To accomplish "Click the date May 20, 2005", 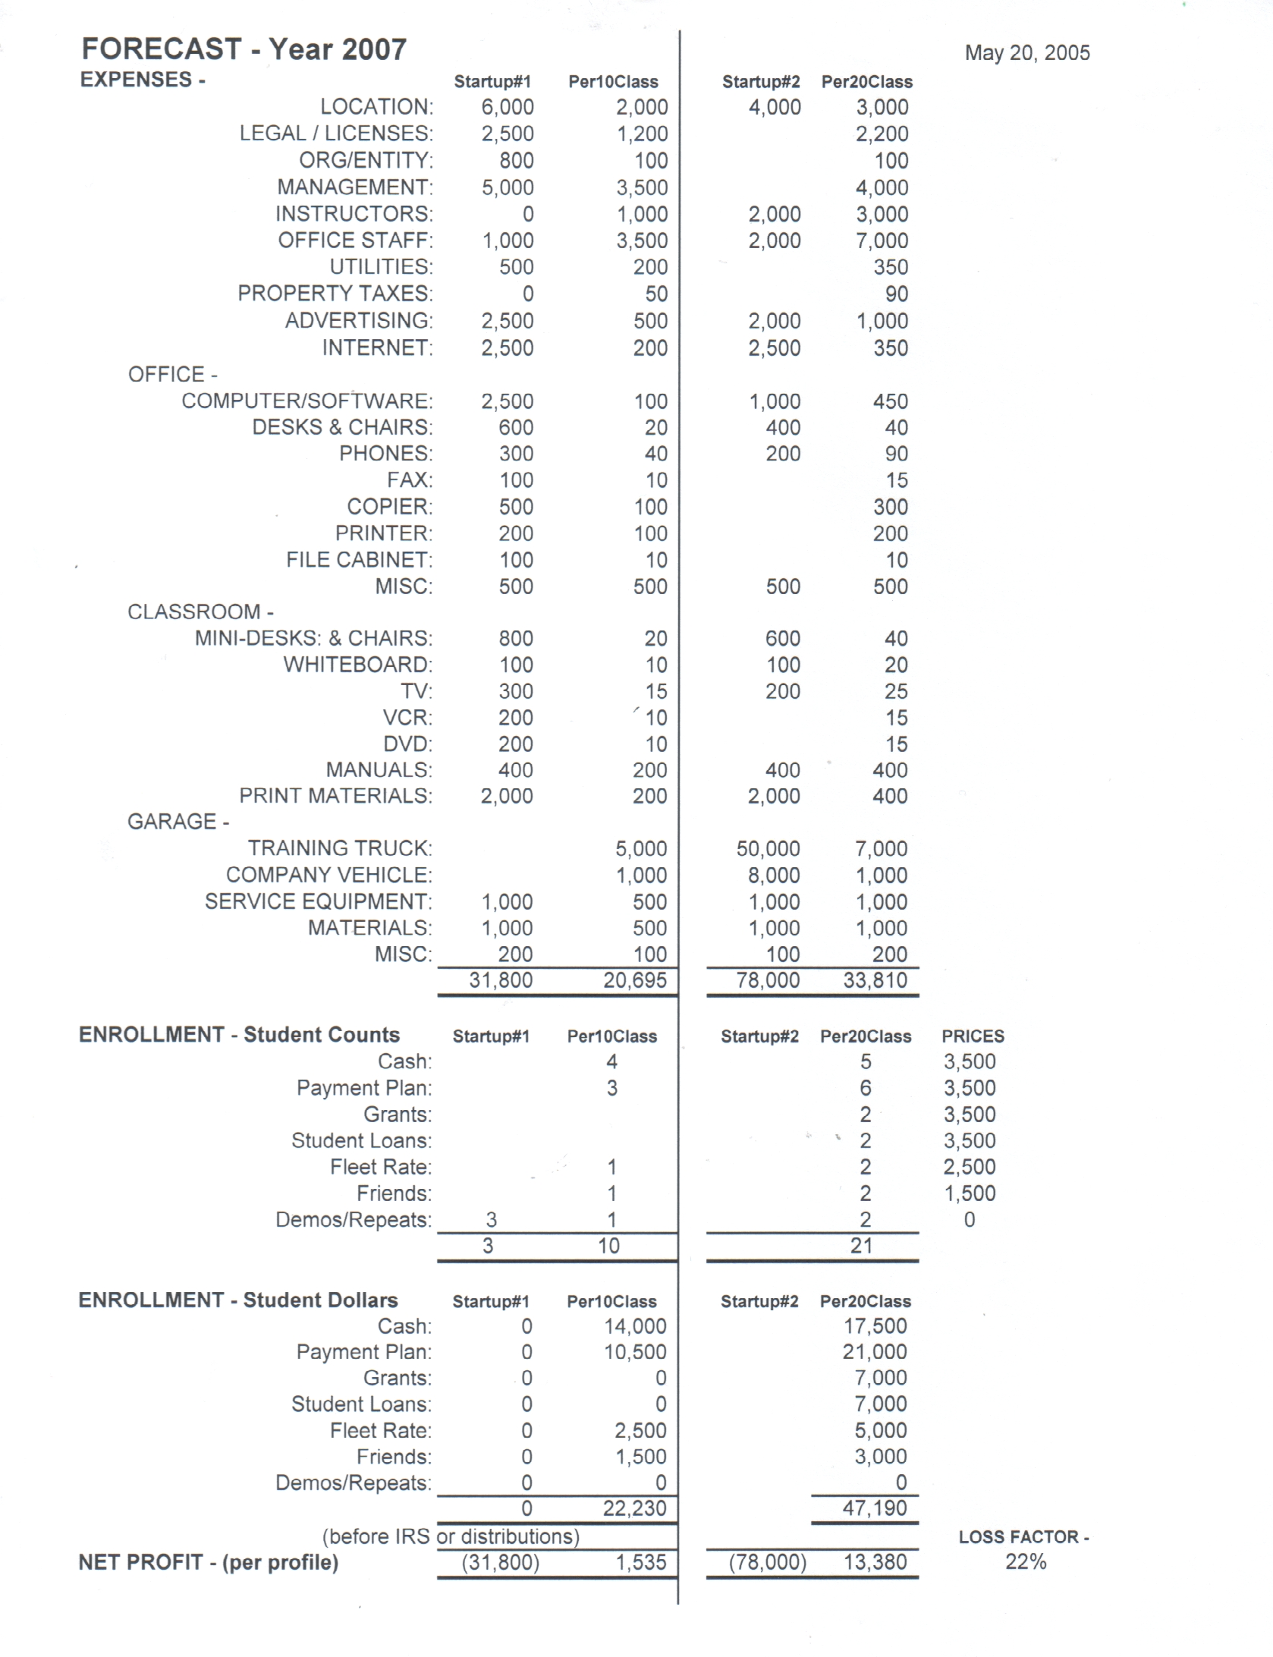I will (x=1026, y=53).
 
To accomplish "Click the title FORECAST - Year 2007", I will (x=244, y=49).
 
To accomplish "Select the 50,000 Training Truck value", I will (x=768, y=849).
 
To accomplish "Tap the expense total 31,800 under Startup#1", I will (x=501, y=980).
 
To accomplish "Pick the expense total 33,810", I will (x=875, y=980).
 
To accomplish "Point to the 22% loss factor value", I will (x=1026, y=1561).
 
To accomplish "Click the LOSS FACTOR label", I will (x=1023, y=1536).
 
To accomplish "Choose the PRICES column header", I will (x=973, y=1036).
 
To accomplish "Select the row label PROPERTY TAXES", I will (x=335, y=294).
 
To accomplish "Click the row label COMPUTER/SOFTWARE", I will (x=307, y=401).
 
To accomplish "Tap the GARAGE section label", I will (x=178, y=822).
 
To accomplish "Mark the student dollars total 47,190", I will (x=875, y=1508).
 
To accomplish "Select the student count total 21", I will (x=861, y=1246).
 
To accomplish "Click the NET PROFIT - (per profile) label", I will (x=208, y=1562).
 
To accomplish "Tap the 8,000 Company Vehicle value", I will (x=773, y=876).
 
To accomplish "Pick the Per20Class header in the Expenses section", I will (x=866, y=82).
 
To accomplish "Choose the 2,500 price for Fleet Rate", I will (x=969, y=1167).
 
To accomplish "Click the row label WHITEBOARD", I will (x=357, y=665).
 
